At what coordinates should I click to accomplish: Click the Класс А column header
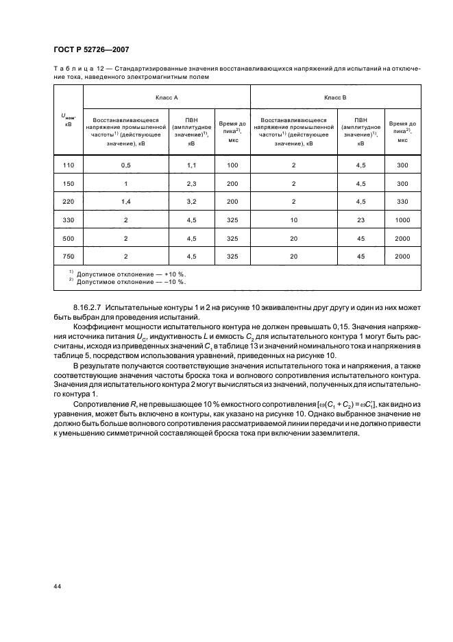click(x=167, y=98)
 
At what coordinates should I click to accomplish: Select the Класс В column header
click(x=335, y=98)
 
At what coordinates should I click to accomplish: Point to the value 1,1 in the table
click(x=192, y=165)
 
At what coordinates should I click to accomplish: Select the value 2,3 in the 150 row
click(x=192, y=184)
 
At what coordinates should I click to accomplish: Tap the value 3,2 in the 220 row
click(x=192, y=202)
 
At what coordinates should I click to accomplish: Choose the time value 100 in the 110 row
click(x=232, y=165)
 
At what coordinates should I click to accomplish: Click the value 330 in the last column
click(x=402, y=202)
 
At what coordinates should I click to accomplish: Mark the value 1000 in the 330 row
click(x=402, y=219)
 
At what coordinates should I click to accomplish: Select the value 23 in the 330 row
click(x=361, y=219)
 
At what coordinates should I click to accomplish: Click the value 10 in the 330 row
click(x=294, y=219)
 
